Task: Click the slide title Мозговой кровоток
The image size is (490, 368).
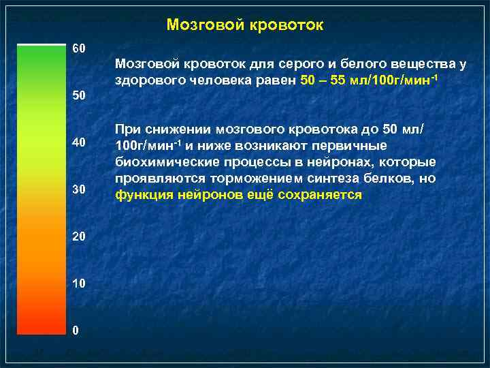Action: point(245,25)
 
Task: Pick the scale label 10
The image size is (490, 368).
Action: point(79,283)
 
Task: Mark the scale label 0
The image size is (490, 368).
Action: point(76,331)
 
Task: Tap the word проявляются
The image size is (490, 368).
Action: point(156,179)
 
